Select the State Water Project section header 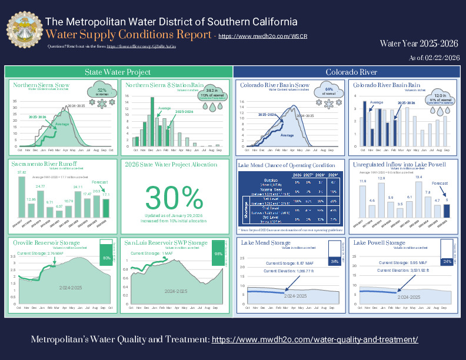(118, 72)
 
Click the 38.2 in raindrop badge (212, 93)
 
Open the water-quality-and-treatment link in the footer (315, 340)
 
